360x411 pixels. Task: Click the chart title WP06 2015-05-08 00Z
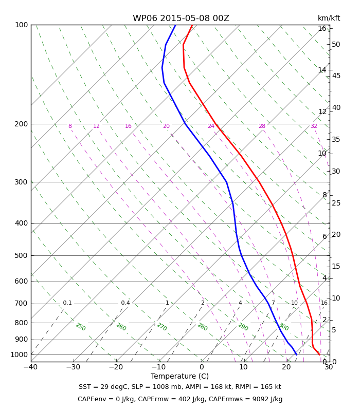point(181,18)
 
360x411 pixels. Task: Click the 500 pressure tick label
point(21,255)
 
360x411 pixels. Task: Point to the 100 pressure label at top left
point(21,25)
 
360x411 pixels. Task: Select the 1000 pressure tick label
point(19,354)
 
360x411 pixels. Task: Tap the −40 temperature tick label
point(31,367)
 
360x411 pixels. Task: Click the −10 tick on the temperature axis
point(159,367)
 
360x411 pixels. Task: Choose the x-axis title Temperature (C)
point(179,376)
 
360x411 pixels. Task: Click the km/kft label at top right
point(329,18)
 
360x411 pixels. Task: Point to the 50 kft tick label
point(336,44)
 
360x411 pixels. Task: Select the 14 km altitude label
point(322,70)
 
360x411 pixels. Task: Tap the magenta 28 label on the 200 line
point(262,126)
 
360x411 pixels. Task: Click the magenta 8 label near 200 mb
point(70,126)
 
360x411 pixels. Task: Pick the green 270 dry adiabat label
point(162,327)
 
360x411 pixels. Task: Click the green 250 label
point(81,327)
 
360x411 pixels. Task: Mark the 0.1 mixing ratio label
point(67,303)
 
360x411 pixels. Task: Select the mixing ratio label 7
point(273,303)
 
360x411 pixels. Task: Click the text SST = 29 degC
point(103,387)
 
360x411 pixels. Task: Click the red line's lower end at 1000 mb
point(319,354)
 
